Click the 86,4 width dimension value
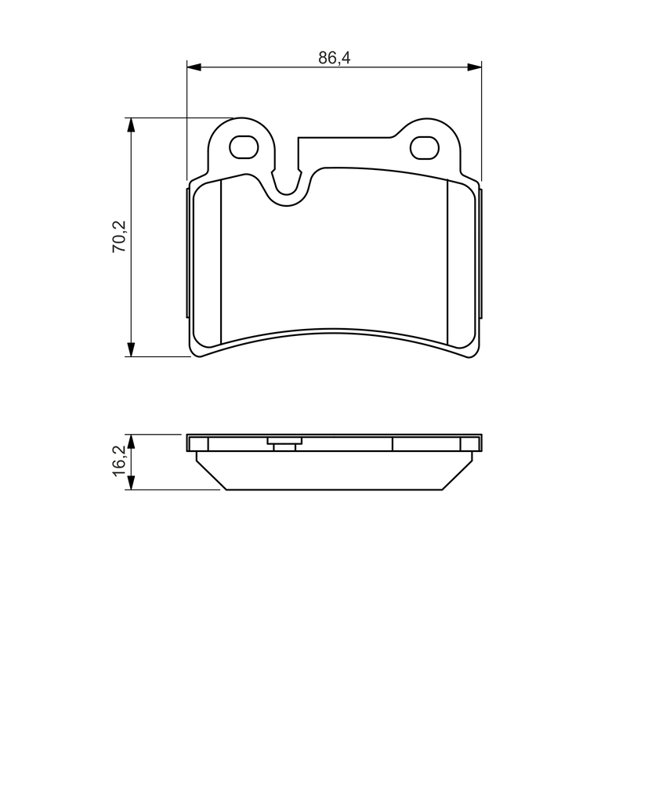(x=335, y=58)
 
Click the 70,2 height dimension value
(x=119, y=237)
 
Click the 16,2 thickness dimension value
(x=119, y=461)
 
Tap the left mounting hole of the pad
(x=243, y=147)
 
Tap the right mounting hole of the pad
(x=425, y=147)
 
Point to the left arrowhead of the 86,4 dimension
(x=194, y=67)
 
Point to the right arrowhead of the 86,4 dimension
(x=475, y=67)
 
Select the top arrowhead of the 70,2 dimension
(x=132, y=125)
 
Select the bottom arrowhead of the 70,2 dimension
(x=132, y=349)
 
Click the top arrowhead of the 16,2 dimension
(x=132, y=443)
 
